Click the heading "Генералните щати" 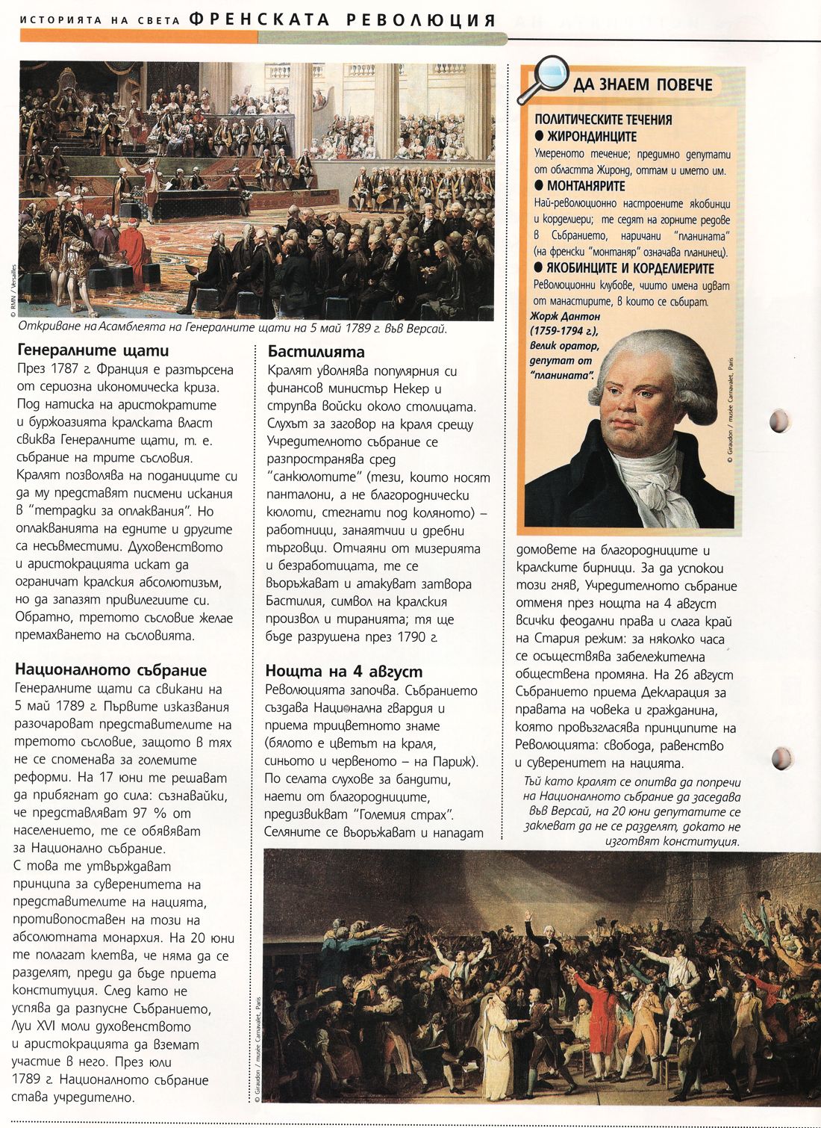[93, 350]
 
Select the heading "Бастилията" [316, 352]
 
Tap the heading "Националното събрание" [110, 670]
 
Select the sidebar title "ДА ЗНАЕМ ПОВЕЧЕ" [643, 85]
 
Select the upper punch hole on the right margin [778, 421]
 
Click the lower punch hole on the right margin [780, 758]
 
